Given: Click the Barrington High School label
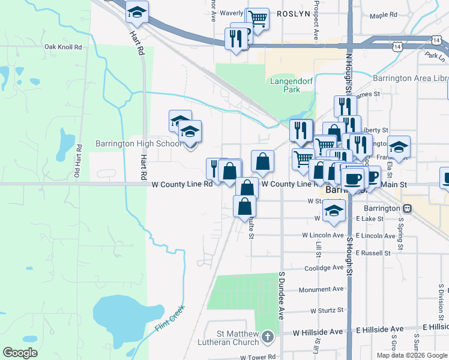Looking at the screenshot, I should coord(139,144).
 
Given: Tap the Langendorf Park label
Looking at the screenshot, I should coord(285,85).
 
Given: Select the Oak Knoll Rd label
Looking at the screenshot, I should coord(62,47).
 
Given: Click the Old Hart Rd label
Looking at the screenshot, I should coord(77,161).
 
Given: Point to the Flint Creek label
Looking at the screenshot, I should coord(170,319).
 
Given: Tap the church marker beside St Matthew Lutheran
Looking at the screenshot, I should coord(268,338).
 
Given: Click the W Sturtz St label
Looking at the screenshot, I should coord(326,311).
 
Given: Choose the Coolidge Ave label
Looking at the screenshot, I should coord(324,268).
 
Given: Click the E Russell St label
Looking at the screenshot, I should coord(373,253).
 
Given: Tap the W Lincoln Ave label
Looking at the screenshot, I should coord(321,235).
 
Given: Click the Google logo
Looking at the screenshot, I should coord(20,352).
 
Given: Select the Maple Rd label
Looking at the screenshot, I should coord(384,16).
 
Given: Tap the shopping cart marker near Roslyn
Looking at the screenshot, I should coord(258,18).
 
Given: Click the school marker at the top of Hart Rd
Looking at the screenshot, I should coord(137,12).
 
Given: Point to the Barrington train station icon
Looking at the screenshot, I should coord(408,208).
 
